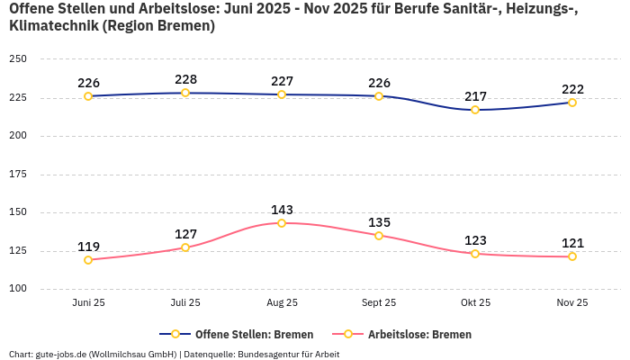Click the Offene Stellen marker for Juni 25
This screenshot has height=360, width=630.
pyautogui.click(x=88, y=96)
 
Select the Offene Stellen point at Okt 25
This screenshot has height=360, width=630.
pyautogui.click(x=475, y=110)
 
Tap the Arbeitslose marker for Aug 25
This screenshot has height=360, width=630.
pyautogui.click(x=282, y=223)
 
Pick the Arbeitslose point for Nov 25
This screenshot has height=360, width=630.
pyautogui.click(x=571, y=256)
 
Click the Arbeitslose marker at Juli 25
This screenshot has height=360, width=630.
pyautogui.click(x=185, y=247)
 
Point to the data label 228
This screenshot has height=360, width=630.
pyautogui.click(x=185, y=79)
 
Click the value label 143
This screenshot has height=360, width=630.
pyautogui.click(x=282, y=210)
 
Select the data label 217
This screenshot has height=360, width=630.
pyautogui.click(x=475, y=96)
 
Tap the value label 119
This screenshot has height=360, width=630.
pyautogui.click(x=88, y=247)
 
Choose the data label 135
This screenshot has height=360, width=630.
pyautogui.click(x=379, y=222)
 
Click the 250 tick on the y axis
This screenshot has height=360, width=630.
pyautogui.click(x=18, y=59)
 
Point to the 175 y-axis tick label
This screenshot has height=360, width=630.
pyautogui.click(x=18, y=175)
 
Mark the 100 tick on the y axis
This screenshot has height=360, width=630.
pyautogui.click(x=18, y=289)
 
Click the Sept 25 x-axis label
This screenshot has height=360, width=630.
pyautogui.click(x=379, y=303)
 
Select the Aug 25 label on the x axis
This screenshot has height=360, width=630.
pyautogui.click(x=282, y=303)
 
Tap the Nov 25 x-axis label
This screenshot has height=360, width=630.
pyautogui.click(x=571, y=303)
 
